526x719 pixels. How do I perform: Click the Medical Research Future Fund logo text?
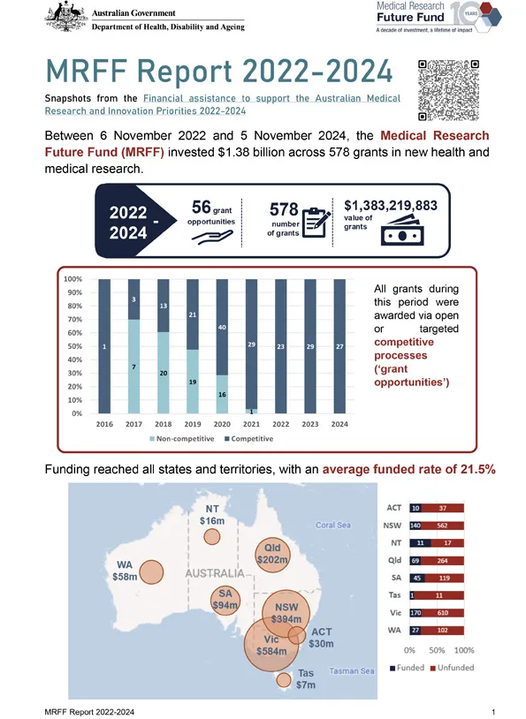pyautogui.click(x=409, y=12)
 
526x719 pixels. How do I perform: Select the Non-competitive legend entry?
pyautogui.click(x=187, y=439)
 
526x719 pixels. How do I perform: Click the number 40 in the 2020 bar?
pyautogui.click(x=223, y=328)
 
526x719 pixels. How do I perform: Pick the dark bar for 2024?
pyautogui.click(x=339, y=346)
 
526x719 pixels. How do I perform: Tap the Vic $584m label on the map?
pyautogui.click(x=270, y=644)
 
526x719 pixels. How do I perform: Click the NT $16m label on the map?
pyautogui.click(x=212, y=516)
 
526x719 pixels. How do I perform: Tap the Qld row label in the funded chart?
pyautogui.click(x=396, y=560)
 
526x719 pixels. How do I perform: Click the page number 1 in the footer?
pyautogui.click(x=492, y=710)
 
